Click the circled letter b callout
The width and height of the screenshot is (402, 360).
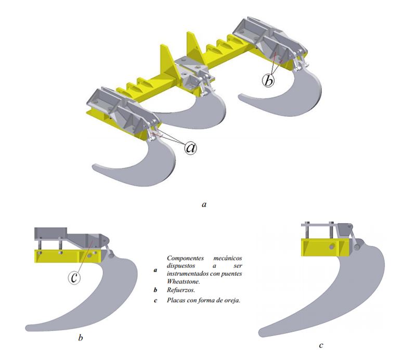268,81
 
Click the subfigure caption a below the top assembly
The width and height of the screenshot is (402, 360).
204,204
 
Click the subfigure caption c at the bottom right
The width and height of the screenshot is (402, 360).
321,345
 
